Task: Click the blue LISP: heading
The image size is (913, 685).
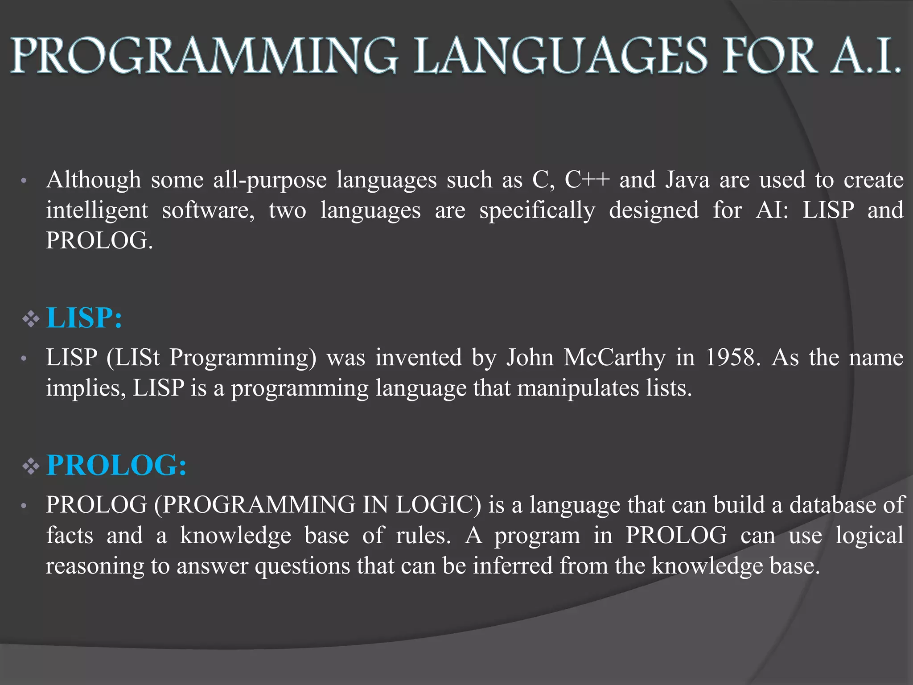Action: pos(84,318)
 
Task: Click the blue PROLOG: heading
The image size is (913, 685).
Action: pos(116,466)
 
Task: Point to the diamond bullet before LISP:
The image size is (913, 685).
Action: pos(31,319)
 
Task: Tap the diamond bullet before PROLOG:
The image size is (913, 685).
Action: pos(31,466)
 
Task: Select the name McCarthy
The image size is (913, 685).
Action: pos(615,358)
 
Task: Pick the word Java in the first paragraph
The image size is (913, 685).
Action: pos(687,180)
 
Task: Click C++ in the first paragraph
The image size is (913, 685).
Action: pos(587,180)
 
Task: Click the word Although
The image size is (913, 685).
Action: pos(94,180)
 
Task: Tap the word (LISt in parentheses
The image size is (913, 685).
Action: pos(133,358)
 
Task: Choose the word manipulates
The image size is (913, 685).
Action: pos(578,388)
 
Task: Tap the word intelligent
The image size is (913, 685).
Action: pos(97,210)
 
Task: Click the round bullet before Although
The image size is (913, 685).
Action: pos(24,182)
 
